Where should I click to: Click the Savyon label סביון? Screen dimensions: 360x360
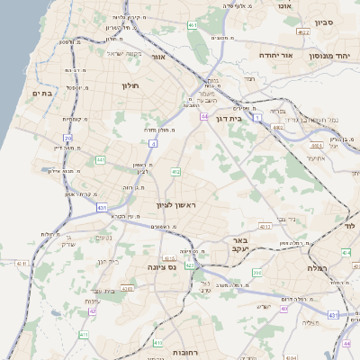[324, 22]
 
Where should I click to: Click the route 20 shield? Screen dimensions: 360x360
[67, 138]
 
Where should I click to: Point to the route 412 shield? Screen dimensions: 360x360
[175, 171]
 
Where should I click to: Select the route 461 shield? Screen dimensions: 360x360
[193, 25]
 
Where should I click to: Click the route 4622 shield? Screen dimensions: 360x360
[303, 31]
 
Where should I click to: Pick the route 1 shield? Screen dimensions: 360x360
[257, 117]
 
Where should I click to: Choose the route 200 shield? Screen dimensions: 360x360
[256, 272]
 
